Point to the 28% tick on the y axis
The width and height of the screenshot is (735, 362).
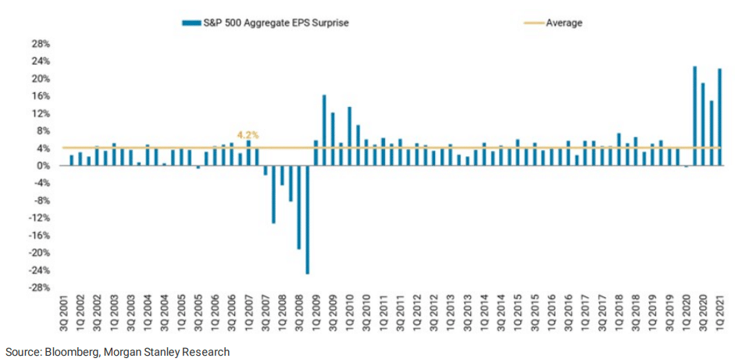coord(41,44)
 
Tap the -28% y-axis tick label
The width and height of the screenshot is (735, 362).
coord(40,288)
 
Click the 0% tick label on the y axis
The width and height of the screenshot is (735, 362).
coord(44,166)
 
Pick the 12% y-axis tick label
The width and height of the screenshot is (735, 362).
coord(41,113)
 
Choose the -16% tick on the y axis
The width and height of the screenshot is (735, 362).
coord(40,235)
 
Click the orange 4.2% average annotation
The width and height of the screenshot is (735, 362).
coord(248,134)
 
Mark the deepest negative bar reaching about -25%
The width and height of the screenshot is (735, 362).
coord(307,220)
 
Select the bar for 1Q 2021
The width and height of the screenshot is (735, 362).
coord(719,117)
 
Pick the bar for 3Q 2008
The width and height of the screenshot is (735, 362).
coord(298,207)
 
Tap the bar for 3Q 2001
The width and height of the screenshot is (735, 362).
coord(72,160)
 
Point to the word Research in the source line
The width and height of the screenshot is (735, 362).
coord(207,352)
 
